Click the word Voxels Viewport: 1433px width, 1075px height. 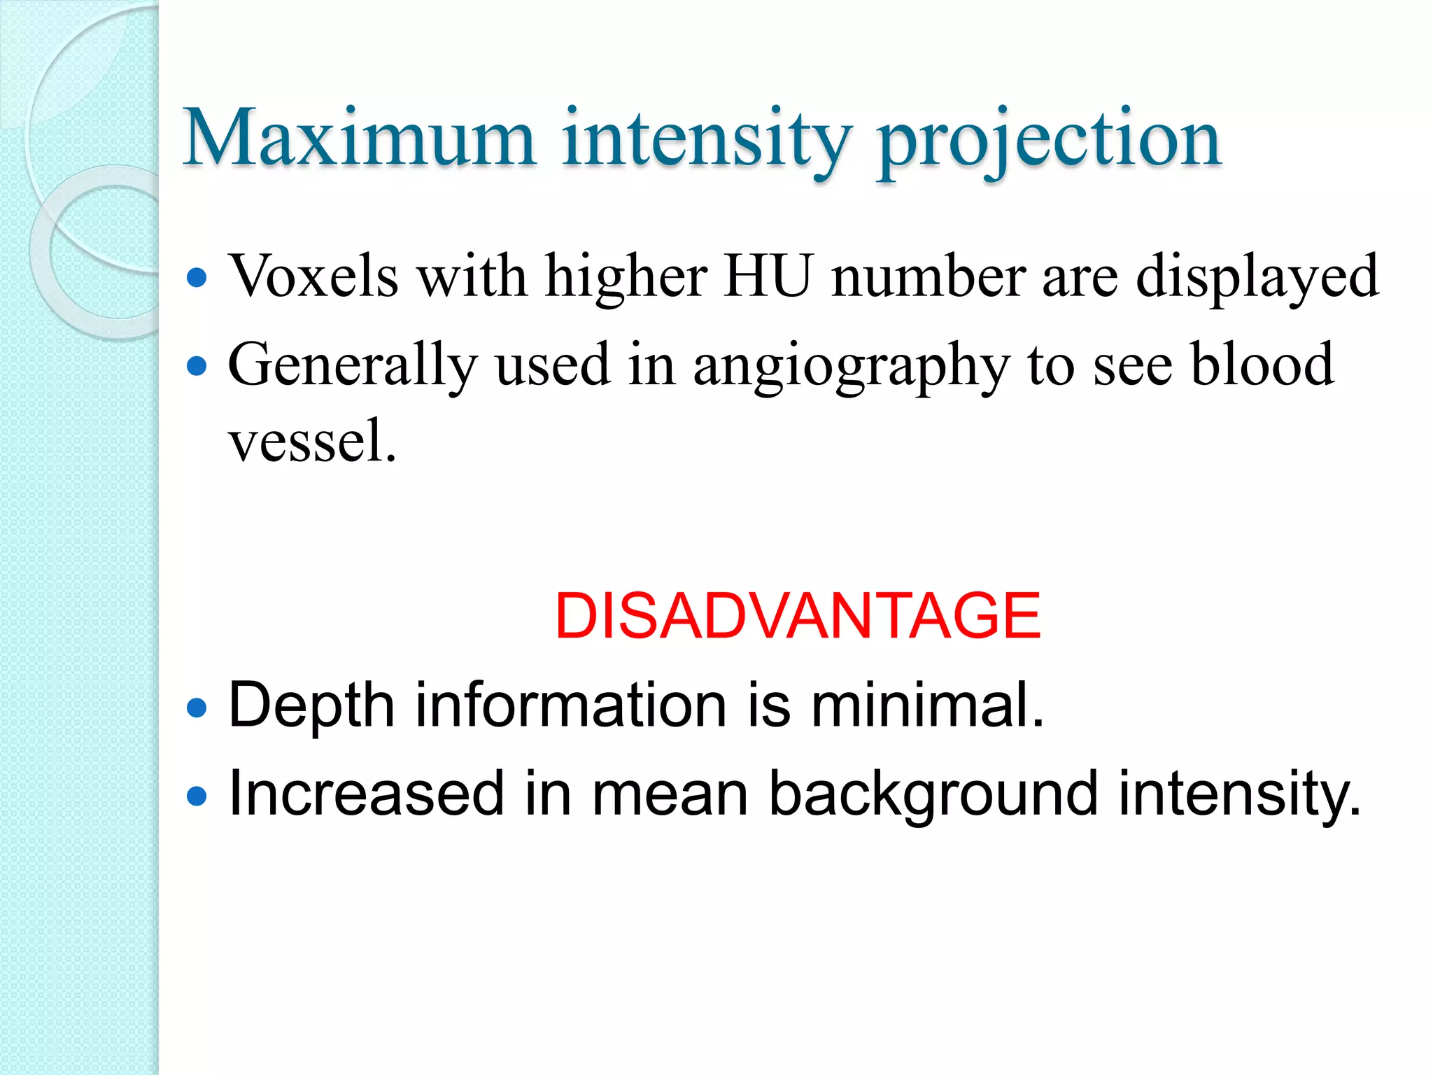313,276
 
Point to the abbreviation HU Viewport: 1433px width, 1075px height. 768,276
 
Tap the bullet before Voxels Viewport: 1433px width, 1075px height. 198,278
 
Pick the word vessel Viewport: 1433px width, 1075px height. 312,442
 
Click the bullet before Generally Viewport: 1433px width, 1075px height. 198,365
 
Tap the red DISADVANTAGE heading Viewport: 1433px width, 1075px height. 798,616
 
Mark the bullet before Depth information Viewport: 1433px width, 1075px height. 198,708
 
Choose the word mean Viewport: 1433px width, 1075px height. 670,794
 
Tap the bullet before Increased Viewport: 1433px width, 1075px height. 198,796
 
